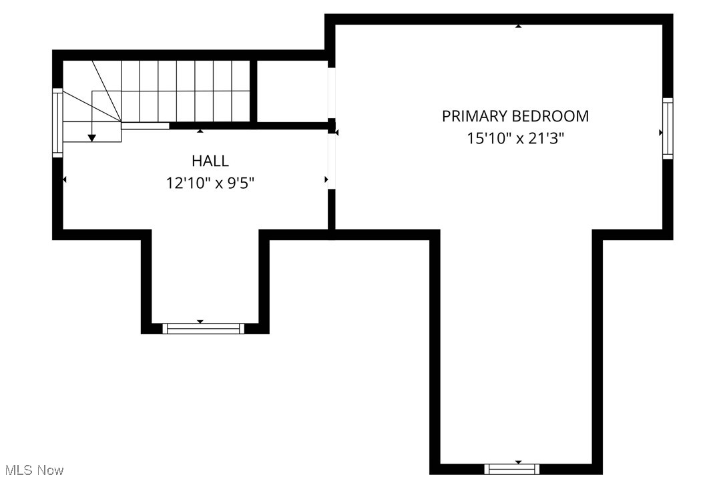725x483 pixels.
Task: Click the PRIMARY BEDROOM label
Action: [515, 116]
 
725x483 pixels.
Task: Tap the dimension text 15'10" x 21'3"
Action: [515, 139]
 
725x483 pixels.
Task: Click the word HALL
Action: [210, 161]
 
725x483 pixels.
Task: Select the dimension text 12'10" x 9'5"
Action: [210, 183]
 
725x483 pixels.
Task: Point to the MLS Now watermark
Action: [32, 470]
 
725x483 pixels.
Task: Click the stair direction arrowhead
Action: [92, 137]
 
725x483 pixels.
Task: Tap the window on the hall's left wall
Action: [57, 123]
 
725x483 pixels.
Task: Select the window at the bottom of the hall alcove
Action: [204, 328]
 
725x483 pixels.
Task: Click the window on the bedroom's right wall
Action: [667, 128]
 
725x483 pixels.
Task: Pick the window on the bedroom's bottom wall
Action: [511, 469]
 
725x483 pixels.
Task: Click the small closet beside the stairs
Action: [292, 91]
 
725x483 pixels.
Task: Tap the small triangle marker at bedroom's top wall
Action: [518, 26]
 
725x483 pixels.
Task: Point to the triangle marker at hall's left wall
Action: [65, 179]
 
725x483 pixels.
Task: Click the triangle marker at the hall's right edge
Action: [326, 179]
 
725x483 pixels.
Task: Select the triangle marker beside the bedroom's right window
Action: [661, 133]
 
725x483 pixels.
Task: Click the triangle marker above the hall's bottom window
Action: [200, 322]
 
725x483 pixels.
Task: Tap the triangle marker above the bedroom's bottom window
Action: [519, 462]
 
